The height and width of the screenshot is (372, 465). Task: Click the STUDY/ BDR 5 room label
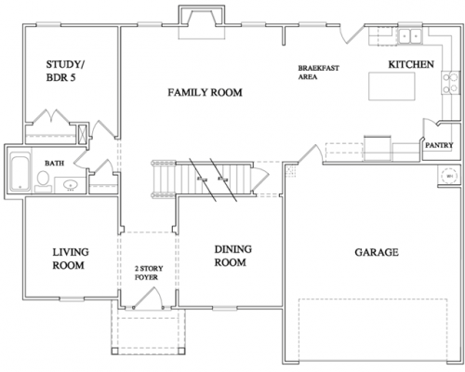click(x=65, y=71)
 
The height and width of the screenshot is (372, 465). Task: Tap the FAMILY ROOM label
click(x=205, y=92)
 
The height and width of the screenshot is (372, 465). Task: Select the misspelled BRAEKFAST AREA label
click(x=318, y=73)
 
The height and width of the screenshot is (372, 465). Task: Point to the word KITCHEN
click(x=411, y=64)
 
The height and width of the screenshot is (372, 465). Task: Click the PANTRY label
click(x=439, y=145)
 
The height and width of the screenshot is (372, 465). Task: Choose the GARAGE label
click(x=377, y=252)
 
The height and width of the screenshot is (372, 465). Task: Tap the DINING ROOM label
click(x=232, y=256)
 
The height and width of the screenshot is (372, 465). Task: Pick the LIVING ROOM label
click(x=71, y=259)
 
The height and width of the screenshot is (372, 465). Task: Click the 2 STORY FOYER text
click(x=149, y=272)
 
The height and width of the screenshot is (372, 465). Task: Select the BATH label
click(x=54, y=163)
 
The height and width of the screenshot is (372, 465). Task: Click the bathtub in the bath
click(x=20, y=171)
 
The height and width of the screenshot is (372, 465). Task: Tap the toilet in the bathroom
click(x=43, y=181)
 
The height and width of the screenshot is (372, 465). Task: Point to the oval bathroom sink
click(x=71, y=185)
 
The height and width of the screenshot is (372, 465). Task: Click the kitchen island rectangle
click(x=392, y=86)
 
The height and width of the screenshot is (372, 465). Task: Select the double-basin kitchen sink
click(x=410, y=36)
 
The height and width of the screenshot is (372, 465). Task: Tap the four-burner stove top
click(x=451, y=83)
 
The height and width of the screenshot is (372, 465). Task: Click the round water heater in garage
click(x=449, y=176)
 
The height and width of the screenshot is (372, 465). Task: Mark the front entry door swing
click(x=148, y=298)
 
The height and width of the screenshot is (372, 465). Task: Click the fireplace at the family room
click(x=202, y=21)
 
